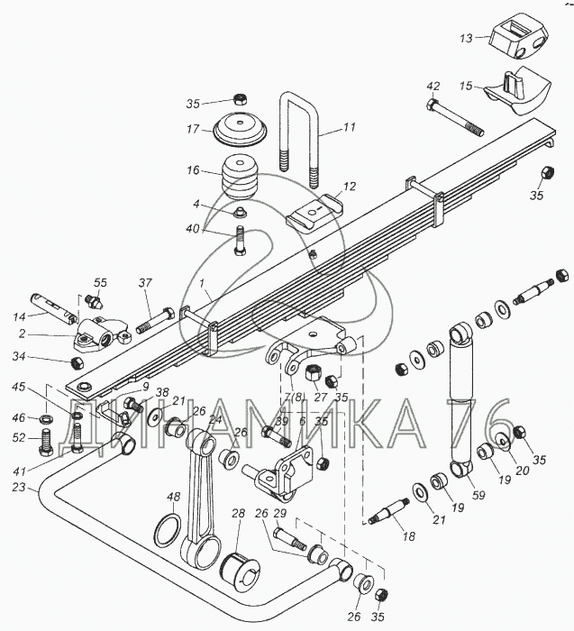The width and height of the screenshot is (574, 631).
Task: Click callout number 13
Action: coord(466,38)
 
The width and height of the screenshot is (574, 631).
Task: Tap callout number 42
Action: coord(433,87)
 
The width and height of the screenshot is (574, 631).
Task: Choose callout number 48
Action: coord(173,495)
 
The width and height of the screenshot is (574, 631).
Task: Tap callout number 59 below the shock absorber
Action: coord(478,493)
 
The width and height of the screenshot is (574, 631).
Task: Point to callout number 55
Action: coord(100,283)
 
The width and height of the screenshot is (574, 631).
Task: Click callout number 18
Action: coord(408,536)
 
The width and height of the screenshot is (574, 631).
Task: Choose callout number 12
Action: coord(351,187)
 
